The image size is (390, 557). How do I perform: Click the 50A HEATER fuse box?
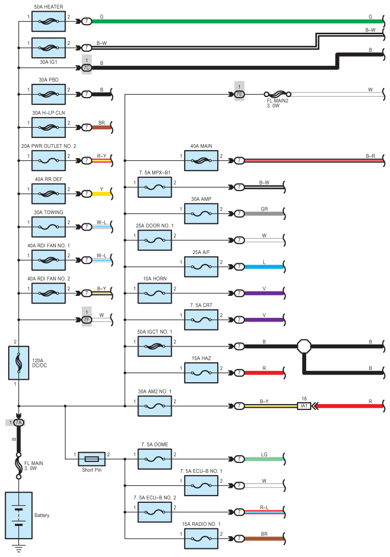pyautogui.click(x=49, y=21)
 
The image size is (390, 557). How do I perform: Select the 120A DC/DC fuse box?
pyautogui.click(x=18, y=363)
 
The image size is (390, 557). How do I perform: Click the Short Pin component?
pyautogui.click(x=91, y=458)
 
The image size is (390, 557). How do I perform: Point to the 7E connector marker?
pyautogui.click(x=239, y=94)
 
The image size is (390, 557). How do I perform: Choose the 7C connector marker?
pyautogui.click(x=87, y=67)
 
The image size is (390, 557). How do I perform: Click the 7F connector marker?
pyautogui.click(x=87, y=320)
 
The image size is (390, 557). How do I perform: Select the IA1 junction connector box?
pyautogui.click(x=305, y=406)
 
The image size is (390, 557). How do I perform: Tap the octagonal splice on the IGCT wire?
pyautogui.click(x=304, y=346)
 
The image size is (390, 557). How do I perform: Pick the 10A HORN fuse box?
pyautogui.click(x=155, y=293)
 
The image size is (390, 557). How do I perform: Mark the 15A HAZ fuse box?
pyautogui.click(x=201, y=373)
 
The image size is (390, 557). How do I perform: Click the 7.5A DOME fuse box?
pyautogui.click(x=155, y=459)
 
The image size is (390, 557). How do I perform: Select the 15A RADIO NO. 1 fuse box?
pyautogui.click(x=201, y=539)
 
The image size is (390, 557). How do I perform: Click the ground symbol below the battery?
pyautogui.click(x=18, y=549)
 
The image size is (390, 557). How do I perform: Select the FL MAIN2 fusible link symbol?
pyautogui.click(x=277, y=94)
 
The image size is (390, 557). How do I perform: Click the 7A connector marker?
pyautogui.click(x=18, y=423)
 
